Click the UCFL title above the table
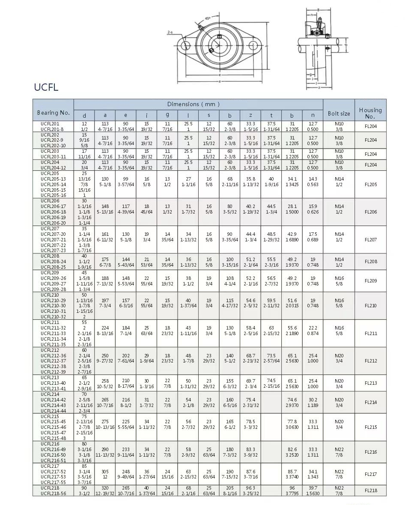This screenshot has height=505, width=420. (46, 88)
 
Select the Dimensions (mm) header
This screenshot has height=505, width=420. (194, 104)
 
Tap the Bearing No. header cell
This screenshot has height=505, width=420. (53, 113)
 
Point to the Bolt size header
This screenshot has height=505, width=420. (339, 113)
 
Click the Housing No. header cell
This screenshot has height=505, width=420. (370, 113)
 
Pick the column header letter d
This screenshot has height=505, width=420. (84, 116)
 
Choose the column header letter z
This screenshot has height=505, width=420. (250, 116)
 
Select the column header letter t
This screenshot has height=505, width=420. (271, 116)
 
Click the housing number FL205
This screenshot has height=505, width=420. (371, 184)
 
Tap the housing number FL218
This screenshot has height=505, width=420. (371, 490)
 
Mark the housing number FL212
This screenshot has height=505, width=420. (371, 361)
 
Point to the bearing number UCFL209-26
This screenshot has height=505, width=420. (53, 278)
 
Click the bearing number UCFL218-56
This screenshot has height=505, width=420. (53, 493)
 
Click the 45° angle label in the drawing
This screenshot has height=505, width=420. (208, 18)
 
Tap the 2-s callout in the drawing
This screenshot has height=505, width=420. (170, 32)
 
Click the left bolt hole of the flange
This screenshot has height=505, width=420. (185, 45)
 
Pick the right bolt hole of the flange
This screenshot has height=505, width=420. (254, 45)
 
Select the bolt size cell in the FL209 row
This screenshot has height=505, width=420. (339, 281)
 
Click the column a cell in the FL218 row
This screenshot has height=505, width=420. (105, 490)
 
